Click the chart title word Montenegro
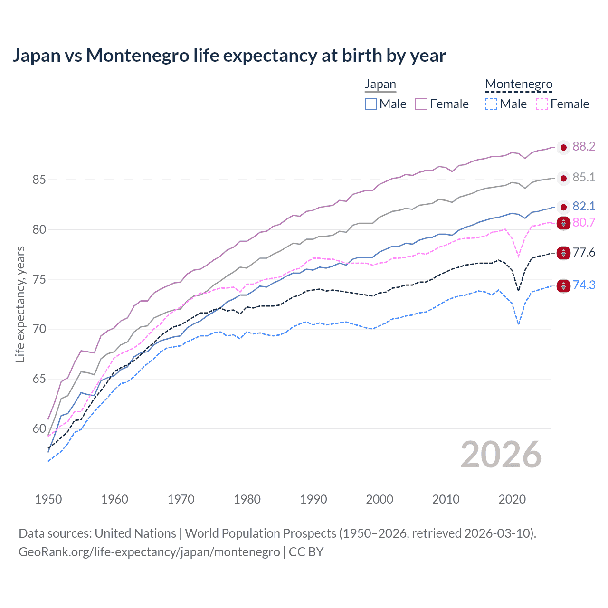point(138,56)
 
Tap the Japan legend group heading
point(380,85)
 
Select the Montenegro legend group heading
point(519,85)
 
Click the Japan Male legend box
point(371,104)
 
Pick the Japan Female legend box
point(421,104)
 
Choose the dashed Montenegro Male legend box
point(491,104)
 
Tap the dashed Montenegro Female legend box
point(542,104)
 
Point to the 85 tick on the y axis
point(39,180)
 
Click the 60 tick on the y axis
point(39,429)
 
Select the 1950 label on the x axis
point(48,499)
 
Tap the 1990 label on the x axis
point(313,499)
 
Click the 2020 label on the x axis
point(512,499)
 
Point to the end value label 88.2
point(584,147)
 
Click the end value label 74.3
point(584,285)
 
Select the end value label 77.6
point(584,253)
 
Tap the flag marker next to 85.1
point(563,179)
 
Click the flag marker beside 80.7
point(563,223)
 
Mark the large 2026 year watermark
point(501,455)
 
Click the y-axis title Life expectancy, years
point(20,304)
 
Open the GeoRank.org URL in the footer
point(149,552)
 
